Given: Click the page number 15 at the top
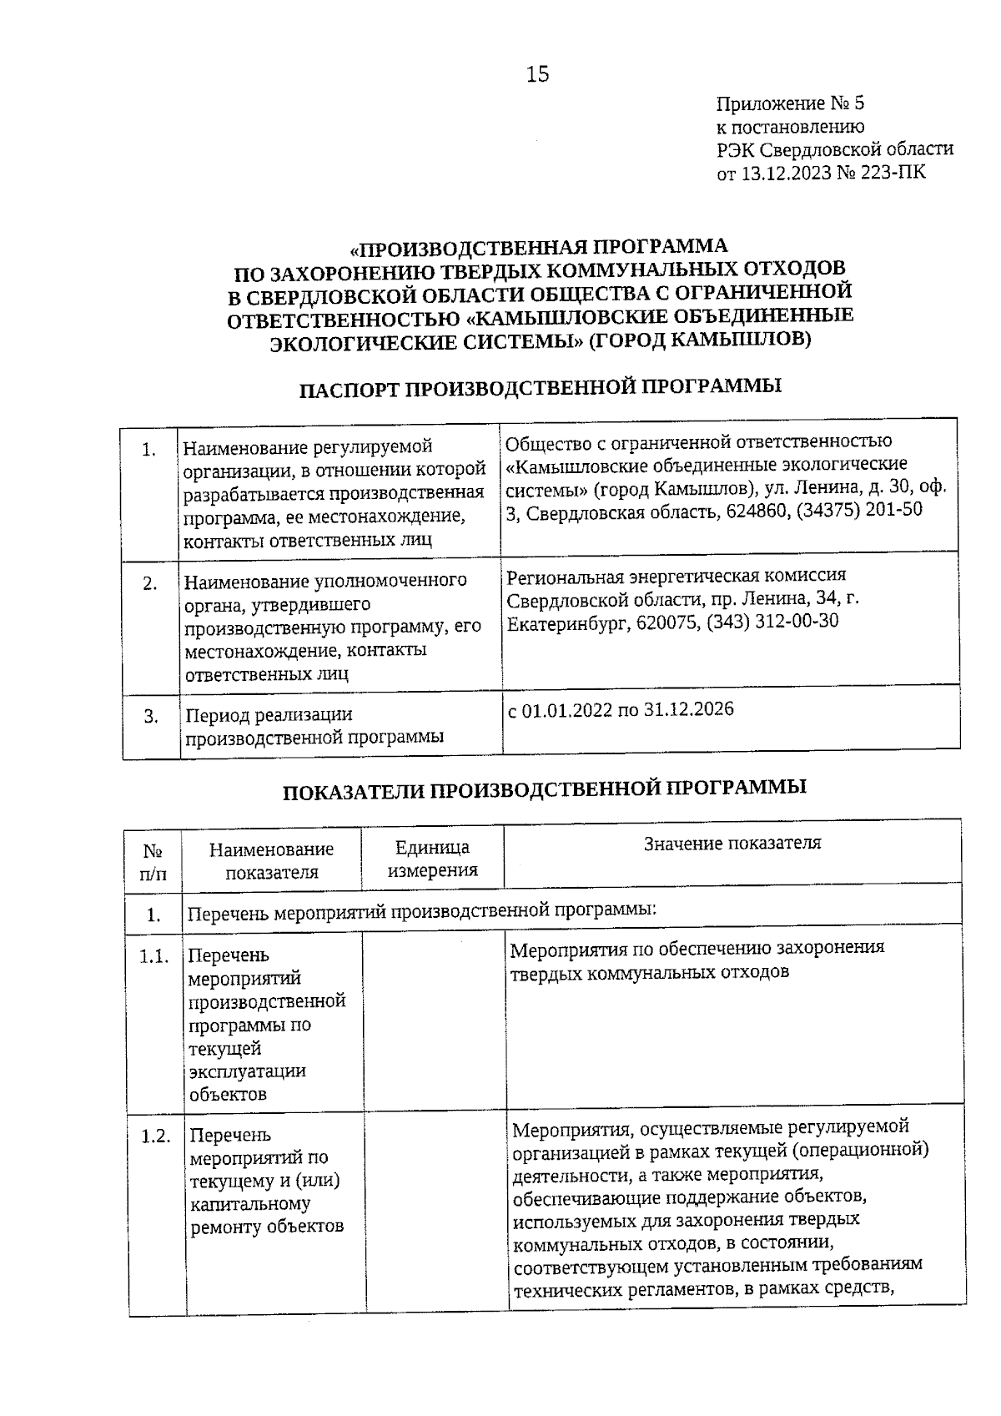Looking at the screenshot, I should [x=537, y=75].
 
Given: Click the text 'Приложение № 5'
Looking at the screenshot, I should [x=790, y=104].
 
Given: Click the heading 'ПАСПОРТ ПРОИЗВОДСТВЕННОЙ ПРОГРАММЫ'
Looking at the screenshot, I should [x=540, y=388].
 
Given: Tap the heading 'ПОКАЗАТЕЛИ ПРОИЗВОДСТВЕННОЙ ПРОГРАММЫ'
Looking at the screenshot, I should [x=544, y=788].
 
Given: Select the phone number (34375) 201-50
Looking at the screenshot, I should [x=859, y=510].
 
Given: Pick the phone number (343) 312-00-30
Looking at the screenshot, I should [x=772, y=622].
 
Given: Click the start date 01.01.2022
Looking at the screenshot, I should [x=566, y=711].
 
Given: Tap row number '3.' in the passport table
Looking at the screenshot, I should [x=151, y=716].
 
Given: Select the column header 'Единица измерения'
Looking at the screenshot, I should [x=432, y=859].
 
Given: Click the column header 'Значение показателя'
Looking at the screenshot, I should [x=732, y=843].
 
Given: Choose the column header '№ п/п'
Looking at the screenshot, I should [x=153, y=862].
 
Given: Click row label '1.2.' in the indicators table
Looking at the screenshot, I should [x=155, y=1136].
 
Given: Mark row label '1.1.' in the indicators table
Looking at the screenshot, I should [x=154, y=956].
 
